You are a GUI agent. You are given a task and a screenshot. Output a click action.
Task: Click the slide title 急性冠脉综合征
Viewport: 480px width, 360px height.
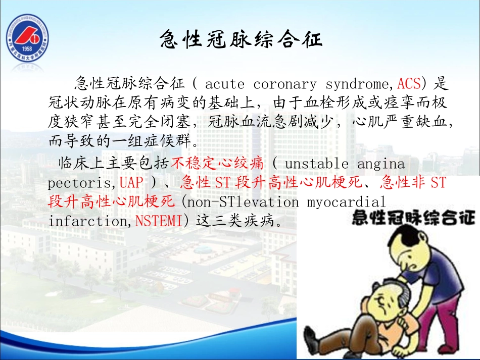coord(241,39)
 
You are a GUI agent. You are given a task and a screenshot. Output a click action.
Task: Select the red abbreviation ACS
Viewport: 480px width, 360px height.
coord(409,83)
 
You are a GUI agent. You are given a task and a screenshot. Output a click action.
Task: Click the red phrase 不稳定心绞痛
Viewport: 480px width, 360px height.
coord(218,164)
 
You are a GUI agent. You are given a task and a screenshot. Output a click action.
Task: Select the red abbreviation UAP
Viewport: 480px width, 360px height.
coord(131,182)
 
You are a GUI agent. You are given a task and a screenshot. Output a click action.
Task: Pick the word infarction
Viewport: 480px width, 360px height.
coord(88,221)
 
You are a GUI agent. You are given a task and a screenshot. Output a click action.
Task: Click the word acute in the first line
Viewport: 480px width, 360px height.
coord(225,84)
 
